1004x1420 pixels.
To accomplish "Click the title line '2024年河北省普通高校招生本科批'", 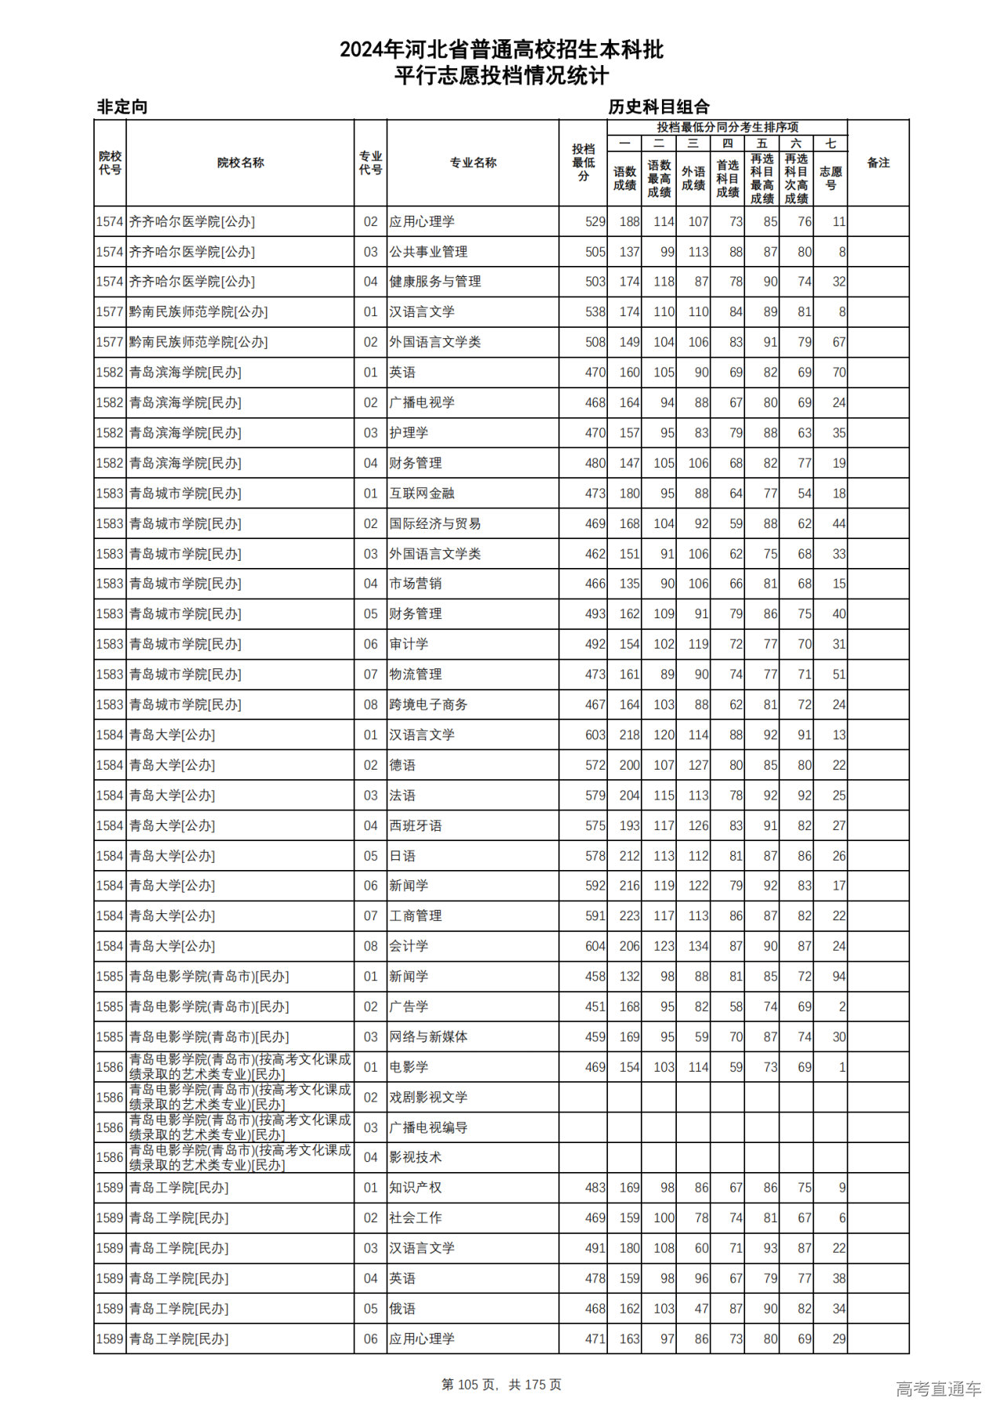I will coord(501,50).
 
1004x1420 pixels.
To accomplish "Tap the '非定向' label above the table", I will coord(122,107).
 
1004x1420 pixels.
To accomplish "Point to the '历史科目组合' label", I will coord(659,107).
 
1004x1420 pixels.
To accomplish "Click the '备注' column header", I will coord(878,163).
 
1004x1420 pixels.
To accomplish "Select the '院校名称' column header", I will coord(240,163).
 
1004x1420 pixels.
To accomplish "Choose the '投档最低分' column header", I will coord(584,163).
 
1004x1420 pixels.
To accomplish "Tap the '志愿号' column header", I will coord(831,178).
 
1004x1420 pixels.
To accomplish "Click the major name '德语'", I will coord(402,765).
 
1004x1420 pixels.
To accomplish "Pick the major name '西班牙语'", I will coord(416,825).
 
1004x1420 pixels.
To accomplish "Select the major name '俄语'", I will coord(402,1309).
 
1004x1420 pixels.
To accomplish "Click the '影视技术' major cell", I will coord(416,1157).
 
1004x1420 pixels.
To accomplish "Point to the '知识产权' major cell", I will coord(416,1188).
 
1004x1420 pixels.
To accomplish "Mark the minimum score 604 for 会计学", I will coord(595,946).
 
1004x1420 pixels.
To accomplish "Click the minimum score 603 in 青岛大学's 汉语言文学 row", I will coord(595,735).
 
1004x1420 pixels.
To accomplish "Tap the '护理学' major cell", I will coord(409,433).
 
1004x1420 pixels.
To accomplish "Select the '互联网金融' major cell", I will coord(422,493).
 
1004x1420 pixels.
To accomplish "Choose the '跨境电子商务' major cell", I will coord(428,705).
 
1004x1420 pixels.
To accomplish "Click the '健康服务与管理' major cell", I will coord(435,282).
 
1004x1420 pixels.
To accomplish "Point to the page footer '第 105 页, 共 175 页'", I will coord(501,1385).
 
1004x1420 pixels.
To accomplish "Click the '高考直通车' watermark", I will coord(938,1389).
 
